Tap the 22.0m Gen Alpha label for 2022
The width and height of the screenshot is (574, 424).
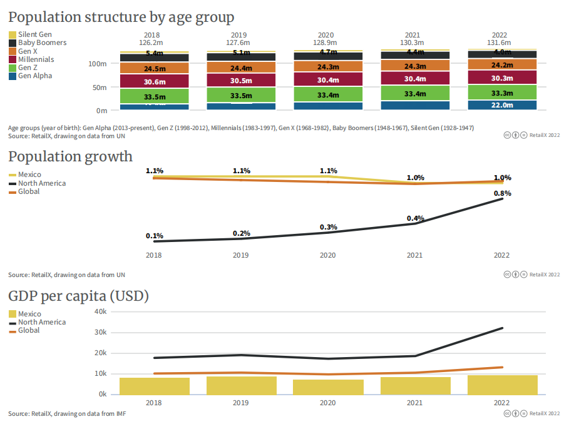pyautogui.click(x=502, y=105)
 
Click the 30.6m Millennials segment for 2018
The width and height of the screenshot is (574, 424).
pyautogui.click(x=154, y=82)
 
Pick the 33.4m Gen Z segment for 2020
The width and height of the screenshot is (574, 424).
pyautogui.click(x=328, y=95)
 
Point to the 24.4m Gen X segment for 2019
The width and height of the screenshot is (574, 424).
pyautogui.click(x=241, y=68)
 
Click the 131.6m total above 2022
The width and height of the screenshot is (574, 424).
pyautogui.click(x=502, y=42)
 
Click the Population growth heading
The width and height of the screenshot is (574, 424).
pyautogui.click(x=70, y=156)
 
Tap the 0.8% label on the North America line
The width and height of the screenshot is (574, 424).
pyautogui.click(x=502, y=193)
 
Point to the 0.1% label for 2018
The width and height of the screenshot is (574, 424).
pyautogui.click(x=155, y=236)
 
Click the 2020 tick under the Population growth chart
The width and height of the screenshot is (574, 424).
pyautogui.click(x=328, y=255)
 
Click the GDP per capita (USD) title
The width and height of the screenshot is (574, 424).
pyautogui.click(x=78, y=296)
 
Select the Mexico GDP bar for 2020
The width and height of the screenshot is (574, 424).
pyautogui.click(x=328, y=387)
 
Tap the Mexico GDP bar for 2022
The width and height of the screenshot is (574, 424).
pyautogui.click(x=502, y=385)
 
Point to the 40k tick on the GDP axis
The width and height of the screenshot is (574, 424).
pyautogui.click(x=100, y=311)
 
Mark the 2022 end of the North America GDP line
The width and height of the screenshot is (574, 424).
pyautogui.click(x=502, y=328)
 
